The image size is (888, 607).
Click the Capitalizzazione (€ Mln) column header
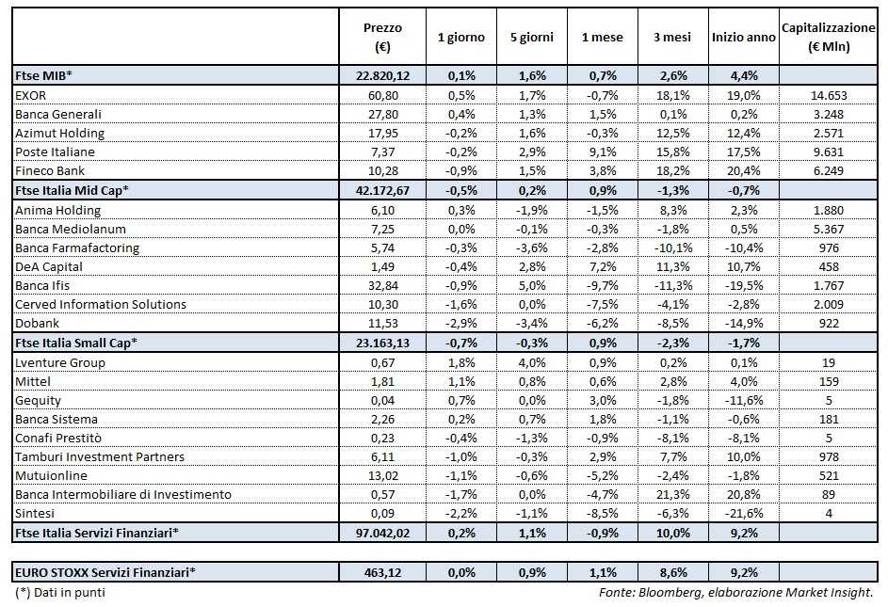829,38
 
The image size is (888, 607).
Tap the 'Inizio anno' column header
744,38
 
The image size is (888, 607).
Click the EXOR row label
33,95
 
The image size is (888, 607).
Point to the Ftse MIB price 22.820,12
381,75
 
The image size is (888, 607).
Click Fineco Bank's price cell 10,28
381,170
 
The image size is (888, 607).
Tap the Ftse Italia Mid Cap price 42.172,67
381,190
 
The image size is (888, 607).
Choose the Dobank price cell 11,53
381,323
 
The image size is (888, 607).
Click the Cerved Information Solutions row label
101,304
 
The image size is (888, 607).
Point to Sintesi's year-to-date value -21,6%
744,513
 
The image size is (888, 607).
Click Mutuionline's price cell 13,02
381,475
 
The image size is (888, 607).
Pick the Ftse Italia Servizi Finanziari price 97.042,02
381,533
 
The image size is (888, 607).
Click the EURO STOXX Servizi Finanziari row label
105,570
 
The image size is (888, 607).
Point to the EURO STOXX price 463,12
381,570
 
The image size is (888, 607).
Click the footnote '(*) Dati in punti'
60,593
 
